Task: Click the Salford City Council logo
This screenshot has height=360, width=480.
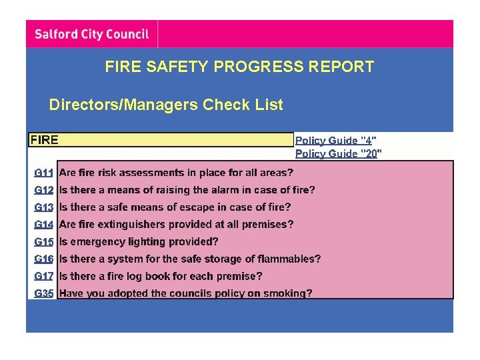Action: [92, 34]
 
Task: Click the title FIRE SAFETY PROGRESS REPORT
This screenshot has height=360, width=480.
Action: [239, 67]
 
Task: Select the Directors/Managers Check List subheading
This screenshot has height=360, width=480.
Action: [166, 105]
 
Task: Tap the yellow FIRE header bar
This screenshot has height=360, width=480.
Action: [160, 140]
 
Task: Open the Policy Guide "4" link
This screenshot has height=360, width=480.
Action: [335, 140]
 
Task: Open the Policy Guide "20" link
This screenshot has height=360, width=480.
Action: [338, 153]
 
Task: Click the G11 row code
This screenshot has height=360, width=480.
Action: [44, 173]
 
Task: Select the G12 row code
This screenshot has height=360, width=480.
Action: [44, 190]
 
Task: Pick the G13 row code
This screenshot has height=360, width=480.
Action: [44, 207]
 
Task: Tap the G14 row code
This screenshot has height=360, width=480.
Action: [44, 225]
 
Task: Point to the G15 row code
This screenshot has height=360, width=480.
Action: [44, 242]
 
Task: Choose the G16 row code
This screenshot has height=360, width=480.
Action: [44, 259]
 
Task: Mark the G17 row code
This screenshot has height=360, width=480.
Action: [44, 276]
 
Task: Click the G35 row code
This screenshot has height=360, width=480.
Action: [44, 293]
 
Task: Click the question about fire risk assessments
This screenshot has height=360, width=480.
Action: [176, 173]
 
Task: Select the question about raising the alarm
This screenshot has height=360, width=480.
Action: [187, 190]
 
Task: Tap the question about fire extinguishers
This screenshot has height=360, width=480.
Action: [176, 225]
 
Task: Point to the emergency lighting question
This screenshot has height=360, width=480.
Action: [139, 242]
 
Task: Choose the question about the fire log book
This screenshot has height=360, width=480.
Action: [161, 276]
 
